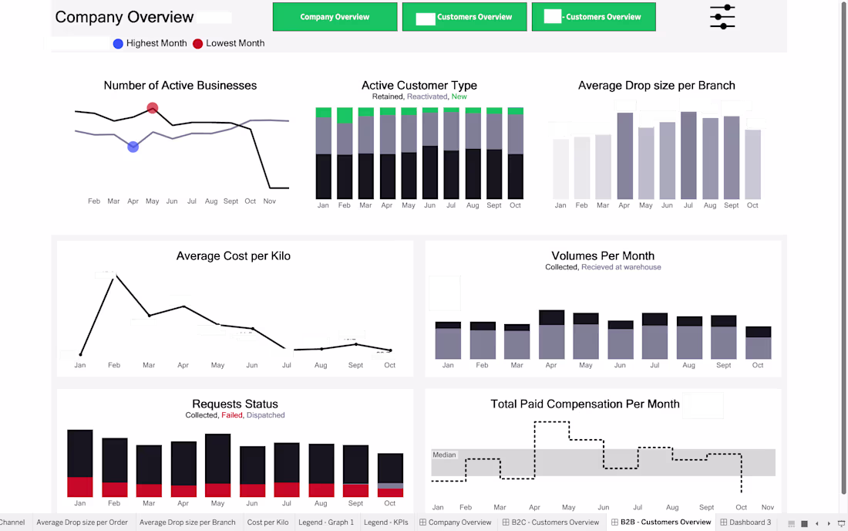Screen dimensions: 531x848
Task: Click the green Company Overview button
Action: click(335, 17)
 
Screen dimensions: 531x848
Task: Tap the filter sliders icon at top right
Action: click(722, 17)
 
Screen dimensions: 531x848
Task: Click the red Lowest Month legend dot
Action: click(199, 44)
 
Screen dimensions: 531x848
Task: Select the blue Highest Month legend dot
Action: click(118, 44)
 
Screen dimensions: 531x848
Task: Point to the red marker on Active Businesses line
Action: click(153, 108)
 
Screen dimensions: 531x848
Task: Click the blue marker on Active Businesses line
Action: click(133, 147)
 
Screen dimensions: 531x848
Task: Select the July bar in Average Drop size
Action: click(688, 154)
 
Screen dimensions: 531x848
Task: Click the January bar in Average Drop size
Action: click(560, 169)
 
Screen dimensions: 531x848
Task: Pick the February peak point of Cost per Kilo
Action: click(114, 274)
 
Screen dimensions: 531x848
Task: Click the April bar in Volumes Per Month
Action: click(551, 336)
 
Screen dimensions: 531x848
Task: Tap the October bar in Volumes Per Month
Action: click(758, 343)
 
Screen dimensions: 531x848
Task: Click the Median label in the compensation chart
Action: click(444, 455)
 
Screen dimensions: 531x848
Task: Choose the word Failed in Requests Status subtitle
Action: click(231, 415)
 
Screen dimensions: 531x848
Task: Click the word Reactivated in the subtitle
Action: click(427, 96)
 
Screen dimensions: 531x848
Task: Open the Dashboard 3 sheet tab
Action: click(745, 523)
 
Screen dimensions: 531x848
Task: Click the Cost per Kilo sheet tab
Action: click(268, 523)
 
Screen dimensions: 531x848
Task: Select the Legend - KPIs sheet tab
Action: click(385, 523)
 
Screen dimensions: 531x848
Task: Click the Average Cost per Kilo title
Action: click(233, 256)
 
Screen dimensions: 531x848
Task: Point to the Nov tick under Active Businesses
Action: click(269, 201)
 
